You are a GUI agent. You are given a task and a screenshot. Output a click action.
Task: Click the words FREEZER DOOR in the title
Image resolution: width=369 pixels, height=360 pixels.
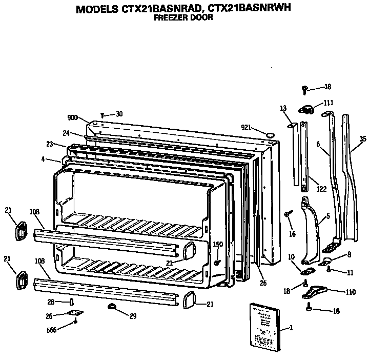183,17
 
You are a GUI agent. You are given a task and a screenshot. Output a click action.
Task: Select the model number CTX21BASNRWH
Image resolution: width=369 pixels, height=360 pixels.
242,9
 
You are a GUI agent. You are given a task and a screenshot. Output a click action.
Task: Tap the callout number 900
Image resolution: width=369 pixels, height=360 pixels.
72,117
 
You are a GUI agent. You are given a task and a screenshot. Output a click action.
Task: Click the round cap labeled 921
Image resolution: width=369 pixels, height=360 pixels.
270,134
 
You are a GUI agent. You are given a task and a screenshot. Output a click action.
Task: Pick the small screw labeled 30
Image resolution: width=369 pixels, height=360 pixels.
102,115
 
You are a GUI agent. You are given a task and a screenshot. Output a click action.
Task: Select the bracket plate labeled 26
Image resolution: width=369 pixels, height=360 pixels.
75,313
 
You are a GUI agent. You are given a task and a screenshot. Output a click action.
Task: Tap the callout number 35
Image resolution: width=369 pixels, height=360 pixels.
363,138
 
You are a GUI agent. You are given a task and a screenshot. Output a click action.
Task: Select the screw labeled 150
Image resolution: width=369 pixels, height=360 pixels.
217,262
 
